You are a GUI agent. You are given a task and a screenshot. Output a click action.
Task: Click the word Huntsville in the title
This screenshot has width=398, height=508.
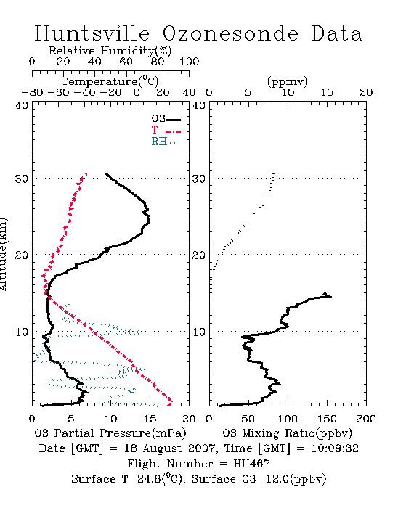(92, 33)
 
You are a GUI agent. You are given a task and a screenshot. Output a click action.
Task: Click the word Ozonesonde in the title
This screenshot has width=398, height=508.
(230, 33)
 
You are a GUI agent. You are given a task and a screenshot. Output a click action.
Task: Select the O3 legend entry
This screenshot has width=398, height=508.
(166, 119)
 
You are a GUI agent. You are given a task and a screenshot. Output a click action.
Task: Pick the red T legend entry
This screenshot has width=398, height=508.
(166, 130)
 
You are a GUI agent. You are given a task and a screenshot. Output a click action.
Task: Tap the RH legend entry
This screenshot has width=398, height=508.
(166, 142)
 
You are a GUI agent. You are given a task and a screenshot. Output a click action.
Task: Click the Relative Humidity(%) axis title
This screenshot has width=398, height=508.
(110, 51)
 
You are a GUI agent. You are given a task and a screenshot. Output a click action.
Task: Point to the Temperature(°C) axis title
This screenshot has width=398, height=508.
(110, 81)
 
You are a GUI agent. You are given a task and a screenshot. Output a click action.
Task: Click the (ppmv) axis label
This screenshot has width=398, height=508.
(288, 81)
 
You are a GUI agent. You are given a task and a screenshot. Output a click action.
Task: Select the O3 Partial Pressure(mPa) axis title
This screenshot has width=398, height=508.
(110, 433)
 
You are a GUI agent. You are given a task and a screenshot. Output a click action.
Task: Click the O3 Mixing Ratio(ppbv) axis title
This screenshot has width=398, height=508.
(287, 433)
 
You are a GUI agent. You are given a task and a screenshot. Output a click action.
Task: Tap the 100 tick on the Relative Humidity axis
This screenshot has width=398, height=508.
(189, 62)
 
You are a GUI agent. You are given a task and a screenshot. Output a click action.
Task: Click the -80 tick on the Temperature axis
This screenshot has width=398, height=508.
(32, 92)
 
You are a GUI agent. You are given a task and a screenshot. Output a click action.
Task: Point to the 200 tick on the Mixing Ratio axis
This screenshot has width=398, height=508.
(366, 419)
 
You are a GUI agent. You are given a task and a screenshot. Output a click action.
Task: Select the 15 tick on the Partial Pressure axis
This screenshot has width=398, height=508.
(150, 419)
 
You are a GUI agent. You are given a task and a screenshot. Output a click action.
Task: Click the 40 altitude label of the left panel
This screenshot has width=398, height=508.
(22, 105)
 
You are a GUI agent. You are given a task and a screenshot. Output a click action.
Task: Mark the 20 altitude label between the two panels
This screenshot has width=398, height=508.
(199, 255)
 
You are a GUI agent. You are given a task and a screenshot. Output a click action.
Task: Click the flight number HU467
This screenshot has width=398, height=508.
(251, 464)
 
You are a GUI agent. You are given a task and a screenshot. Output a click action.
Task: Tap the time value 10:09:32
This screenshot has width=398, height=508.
(335, 448)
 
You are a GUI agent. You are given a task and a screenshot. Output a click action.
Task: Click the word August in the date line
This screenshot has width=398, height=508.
(162, 448)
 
